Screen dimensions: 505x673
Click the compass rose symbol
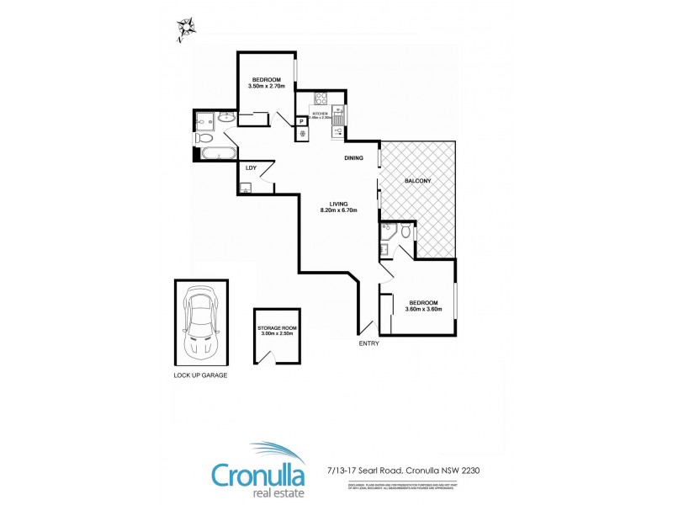[x=185, y=29]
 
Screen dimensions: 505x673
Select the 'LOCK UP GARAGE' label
[x=200, y=375]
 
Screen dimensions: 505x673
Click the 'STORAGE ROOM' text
[x=276, y=327]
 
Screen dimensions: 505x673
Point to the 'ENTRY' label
[x=368, y=343]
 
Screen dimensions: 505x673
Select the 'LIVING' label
[x=339, y=202]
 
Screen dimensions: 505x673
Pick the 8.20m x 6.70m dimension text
[x=339, y=210]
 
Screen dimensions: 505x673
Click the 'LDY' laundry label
[x=250, y=168]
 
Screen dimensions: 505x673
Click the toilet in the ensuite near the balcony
[x=405, y=231]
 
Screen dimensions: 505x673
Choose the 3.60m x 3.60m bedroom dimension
[x=423, y=310]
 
